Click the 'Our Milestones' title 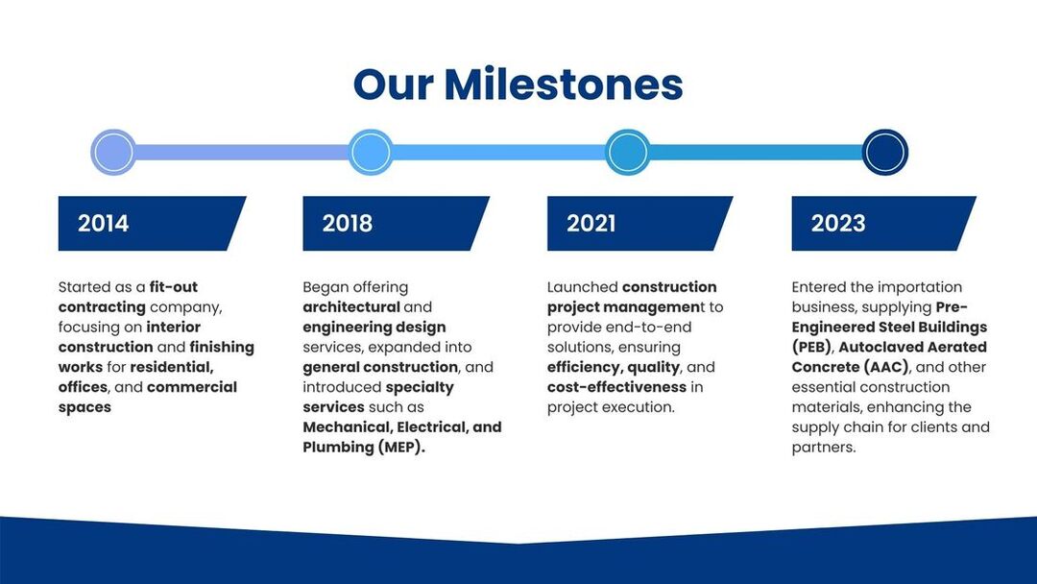[518, 84]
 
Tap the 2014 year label [103, 224]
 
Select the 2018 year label [348, 224]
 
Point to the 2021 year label [591, 224]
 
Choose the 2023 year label [838, 224]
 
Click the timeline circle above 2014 [113, 152]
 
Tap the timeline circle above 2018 [371, 152]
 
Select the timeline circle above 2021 [628, 152]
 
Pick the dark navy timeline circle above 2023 [885, 152]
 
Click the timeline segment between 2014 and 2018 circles [242, 152]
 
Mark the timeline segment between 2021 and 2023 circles [757, 152]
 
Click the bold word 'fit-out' [173, 287]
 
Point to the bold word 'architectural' [351, 306]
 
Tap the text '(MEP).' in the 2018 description [401, 447]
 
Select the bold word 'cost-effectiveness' [616, 387]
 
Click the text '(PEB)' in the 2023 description [811, 347]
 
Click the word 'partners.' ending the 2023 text [824, 447]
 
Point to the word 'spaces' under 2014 [84, 407]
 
